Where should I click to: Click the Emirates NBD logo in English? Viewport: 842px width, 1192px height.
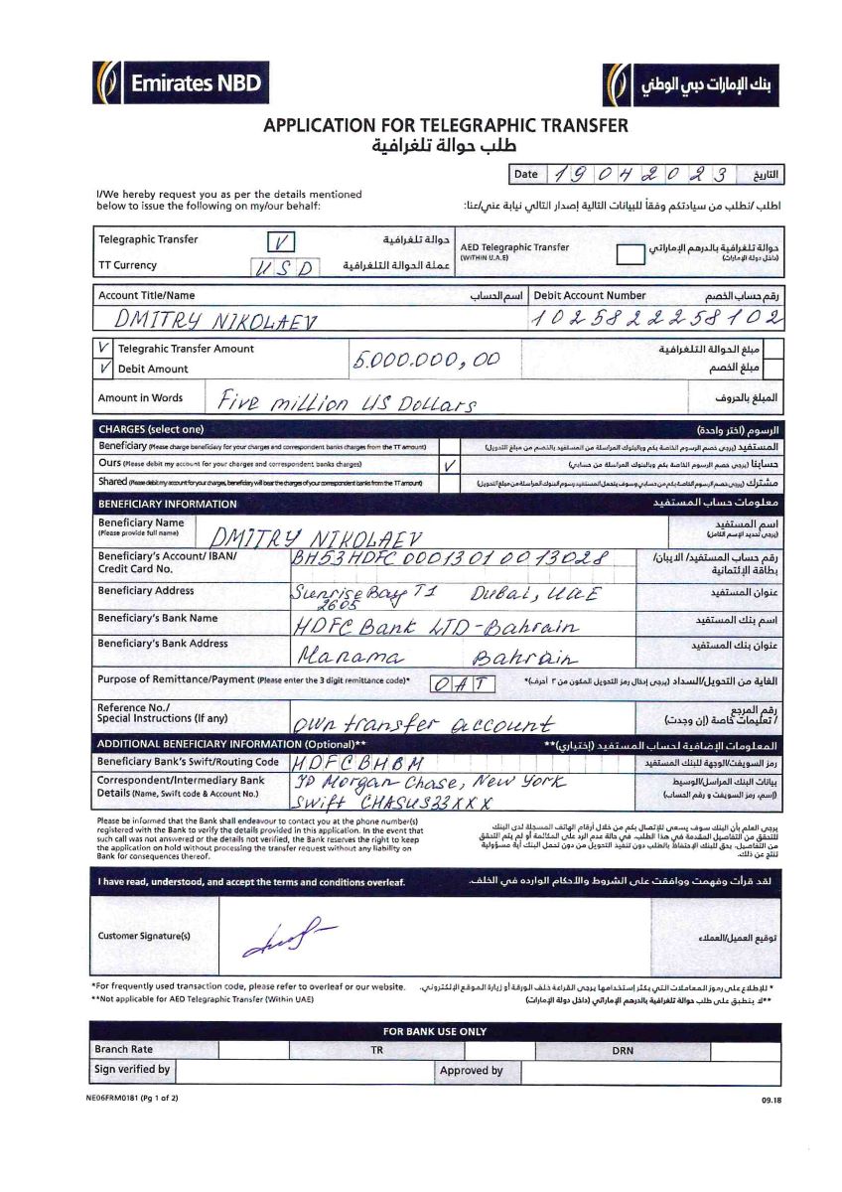click(182, 82)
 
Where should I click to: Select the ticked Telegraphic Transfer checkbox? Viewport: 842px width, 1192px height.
click(281, 241)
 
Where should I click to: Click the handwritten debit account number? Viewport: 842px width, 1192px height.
click(656, 319)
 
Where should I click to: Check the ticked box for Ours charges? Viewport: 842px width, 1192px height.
click(450, 465)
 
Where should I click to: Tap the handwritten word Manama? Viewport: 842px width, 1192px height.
click(349, 658)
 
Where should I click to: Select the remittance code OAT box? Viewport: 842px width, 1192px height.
click(463, 683)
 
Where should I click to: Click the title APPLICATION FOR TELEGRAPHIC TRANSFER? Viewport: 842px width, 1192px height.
click(446, 126)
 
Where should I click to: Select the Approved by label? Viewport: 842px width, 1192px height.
click(471, 1071)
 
